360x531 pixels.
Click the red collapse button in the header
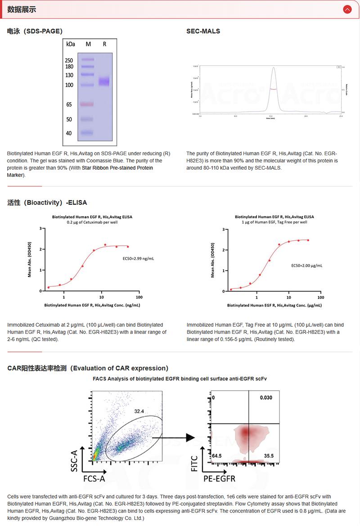click(347, 9)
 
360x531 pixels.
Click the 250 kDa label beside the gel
click(69, 60)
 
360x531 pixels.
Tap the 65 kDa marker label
click(69, 104)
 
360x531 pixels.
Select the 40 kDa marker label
click(69, 133)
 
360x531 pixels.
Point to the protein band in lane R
click(104, 81)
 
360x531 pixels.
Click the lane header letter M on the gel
click(88, 44)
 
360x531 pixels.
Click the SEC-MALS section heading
click(203, 31)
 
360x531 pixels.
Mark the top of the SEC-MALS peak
click(274, 68)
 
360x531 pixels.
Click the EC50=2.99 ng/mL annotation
click(139, 259)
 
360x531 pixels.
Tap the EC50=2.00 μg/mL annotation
click(306, 266)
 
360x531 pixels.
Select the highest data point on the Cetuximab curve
click(105, 245)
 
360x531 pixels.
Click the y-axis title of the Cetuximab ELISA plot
click(30, 260)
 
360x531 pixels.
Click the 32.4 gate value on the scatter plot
click(139, 411)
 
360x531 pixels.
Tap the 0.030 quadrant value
click(266, 398)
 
